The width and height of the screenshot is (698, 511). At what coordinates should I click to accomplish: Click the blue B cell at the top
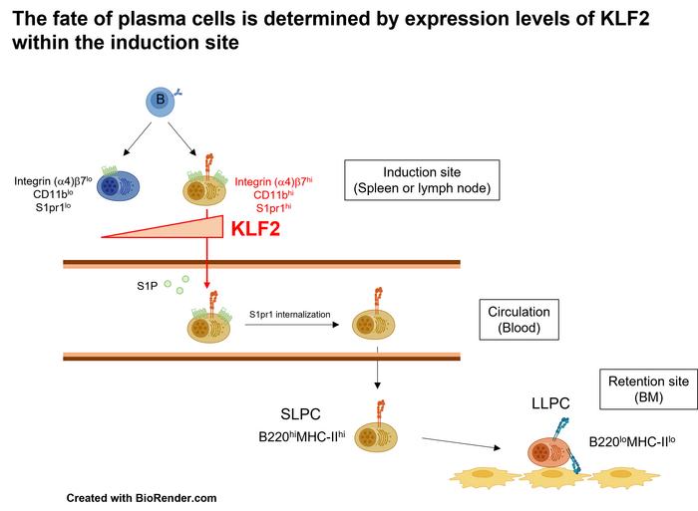(158, 100)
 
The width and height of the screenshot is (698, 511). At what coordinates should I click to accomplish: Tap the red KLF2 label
(257, 231)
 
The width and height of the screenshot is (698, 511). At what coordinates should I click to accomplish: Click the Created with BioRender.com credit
(142, 496)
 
